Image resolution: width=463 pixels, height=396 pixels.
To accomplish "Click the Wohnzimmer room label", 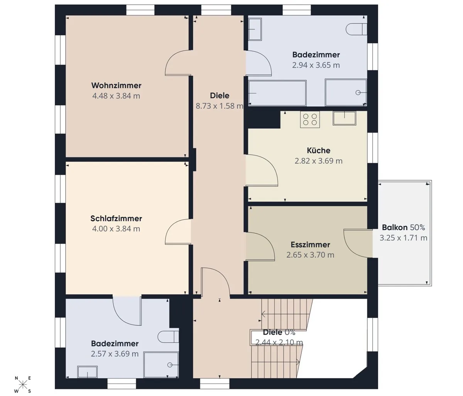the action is (116, 85).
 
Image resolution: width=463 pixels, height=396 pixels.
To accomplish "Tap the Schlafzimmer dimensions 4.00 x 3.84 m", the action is (116, 229).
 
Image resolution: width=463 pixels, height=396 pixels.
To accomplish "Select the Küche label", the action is (319, 151).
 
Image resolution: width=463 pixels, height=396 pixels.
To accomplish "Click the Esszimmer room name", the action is (310, 244).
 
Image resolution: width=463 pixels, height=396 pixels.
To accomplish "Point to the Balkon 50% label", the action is (404, 227).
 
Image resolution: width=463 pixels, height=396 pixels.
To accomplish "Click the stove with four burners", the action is (310, 119).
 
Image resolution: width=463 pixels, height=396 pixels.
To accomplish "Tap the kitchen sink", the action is (344, 118).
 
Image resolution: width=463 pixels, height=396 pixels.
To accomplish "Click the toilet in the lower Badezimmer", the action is (168, 337).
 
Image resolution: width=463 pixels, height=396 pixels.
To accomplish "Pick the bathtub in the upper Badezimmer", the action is (277, 93).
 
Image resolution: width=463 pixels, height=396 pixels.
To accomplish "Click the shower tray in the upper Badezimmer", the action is (346, 92).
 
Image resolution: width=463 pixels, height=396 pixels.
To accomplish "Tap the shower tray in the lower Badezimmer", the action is (161, 365).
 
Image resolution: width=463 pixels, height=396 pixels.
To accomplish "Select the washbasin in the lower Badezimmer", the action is (87, 372).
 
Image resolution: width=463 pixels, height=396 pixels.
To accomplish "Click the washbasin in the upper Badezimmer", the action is (255, 29).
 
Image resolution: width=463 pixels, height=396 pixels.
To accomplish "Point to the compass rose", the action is (23, 385).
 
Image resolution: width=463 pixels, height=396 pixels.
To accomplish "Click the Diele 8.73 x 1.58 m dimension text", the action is (220, 106).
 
